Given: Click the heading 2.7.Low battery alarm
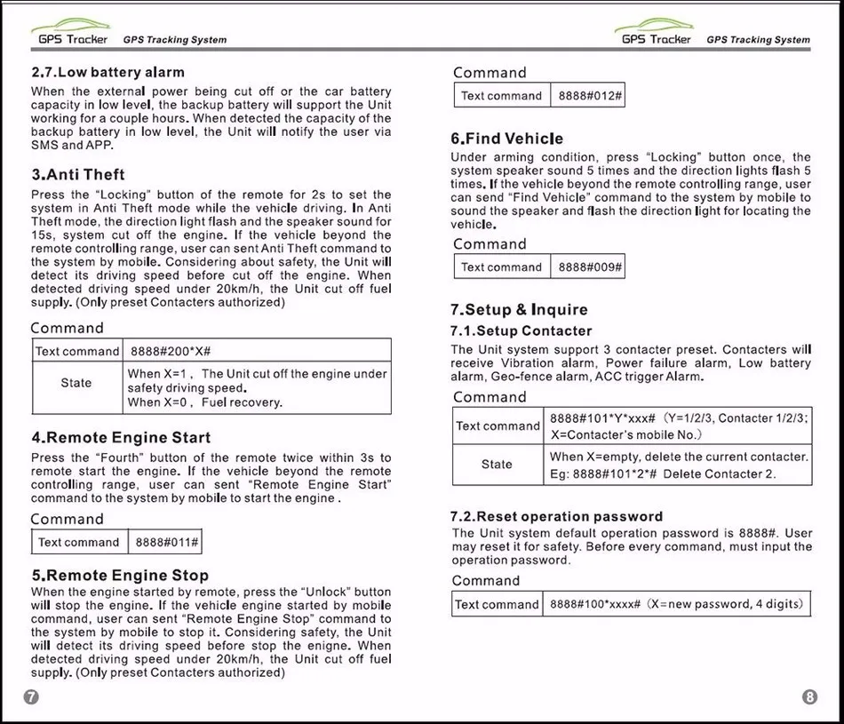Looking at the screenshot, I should pos(107,72).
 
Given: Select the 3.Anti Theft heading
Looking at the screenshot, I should pos(78,175).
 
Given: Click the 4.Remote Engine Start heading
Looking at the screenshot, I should pos(121,438).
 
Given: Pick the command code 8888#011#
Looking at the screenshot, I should pos(166,542).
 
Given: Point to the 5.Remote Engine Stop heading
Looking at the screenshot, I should pos(120,576).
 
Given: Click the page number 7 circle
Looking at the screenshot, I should pos(31,697).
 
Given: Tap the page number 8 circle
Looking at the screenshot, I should pos(809,697).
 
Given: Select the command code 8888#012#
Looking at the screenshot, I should pos(587,96).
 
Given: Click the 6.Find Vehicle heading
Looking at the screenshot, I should pos(506,139).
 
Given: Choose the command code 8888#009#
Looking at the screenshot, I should pos(587,267).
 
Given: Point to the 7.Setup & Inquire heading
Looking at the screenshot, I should pos(519,310).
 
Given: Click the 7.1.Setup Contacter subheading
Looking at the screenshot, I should pos(521,331).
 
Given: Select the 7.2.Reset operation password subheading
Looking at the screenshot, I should pos(556,517).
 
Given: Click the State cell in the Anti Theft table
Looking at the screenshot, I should pos(76,383).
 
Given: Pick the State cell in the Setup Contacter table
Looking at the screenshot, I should pos(497,464).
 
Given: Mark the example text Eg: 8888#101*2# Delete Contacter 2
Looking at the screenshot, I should pos(662,474).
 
